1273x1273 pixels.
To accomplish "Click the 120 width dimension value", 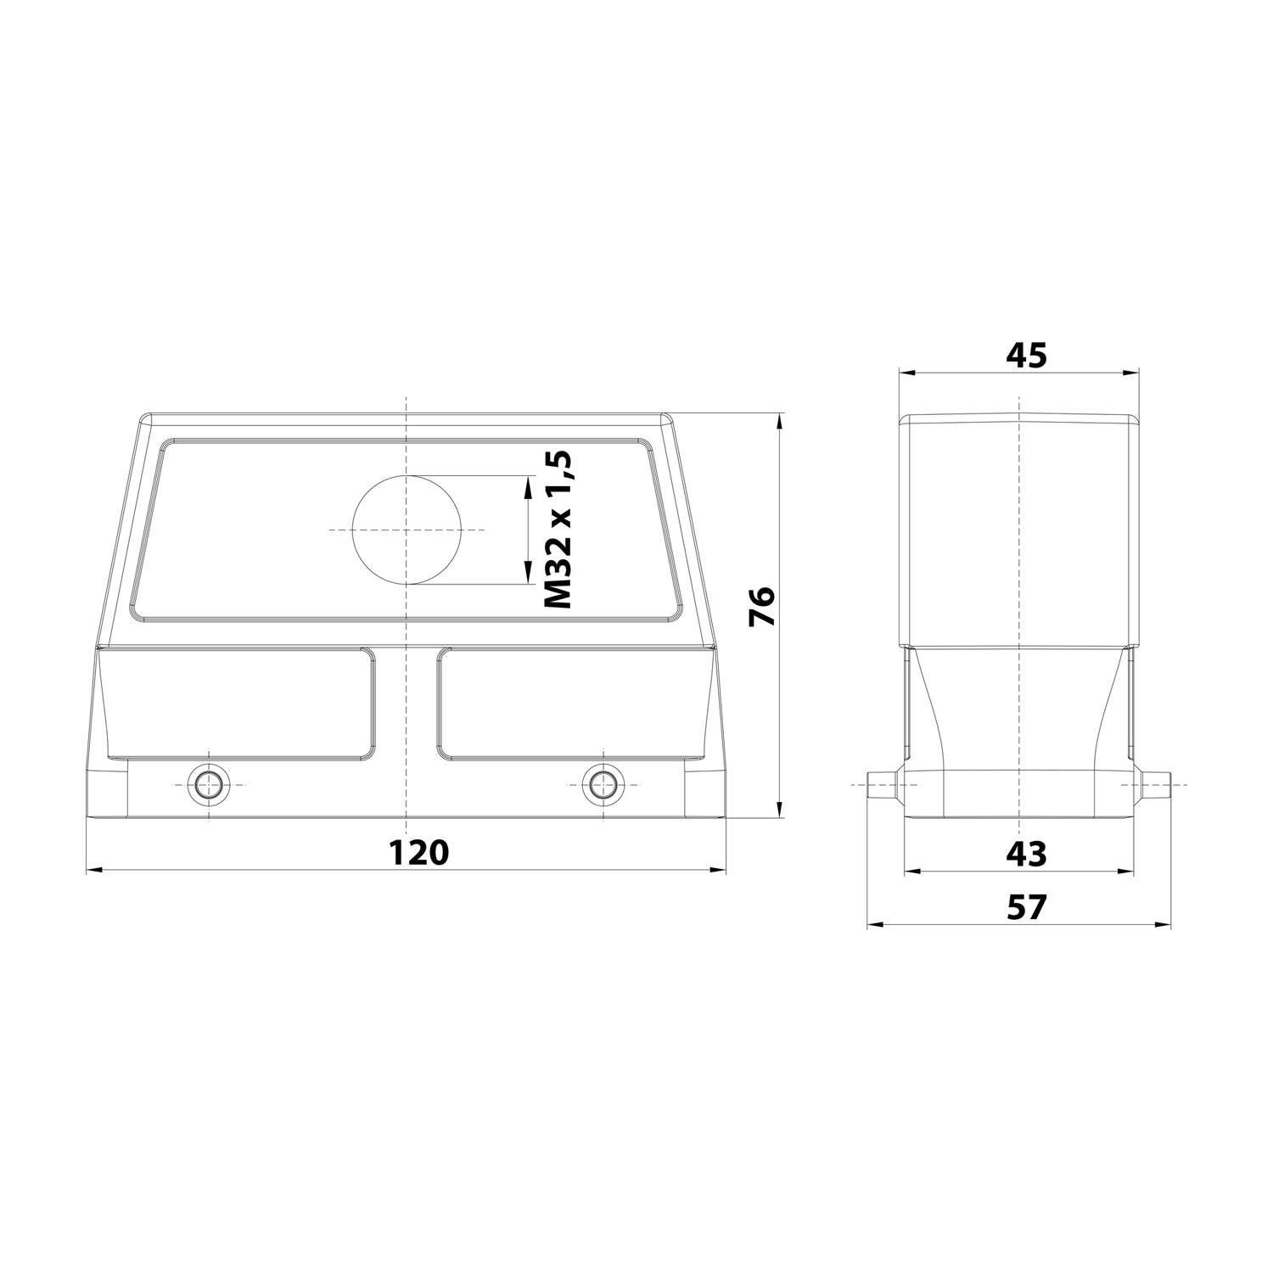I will tap(418, 851).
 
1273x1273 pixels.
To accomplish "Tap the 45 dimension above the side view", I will tap(1026, 356).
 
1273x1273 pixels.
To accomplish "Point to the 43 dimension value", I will tap(1026, 854).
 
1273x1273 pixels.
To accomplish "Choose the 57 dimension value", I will tap(1027, 907).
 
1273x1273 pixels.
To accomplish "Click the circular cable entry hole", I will tap(407, 530).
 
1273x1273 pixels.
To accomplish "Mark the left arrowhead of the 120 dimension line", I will tap(93, 870).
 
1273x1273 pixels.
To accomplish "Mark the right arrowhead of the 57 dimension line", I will tap(1164, 925).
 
